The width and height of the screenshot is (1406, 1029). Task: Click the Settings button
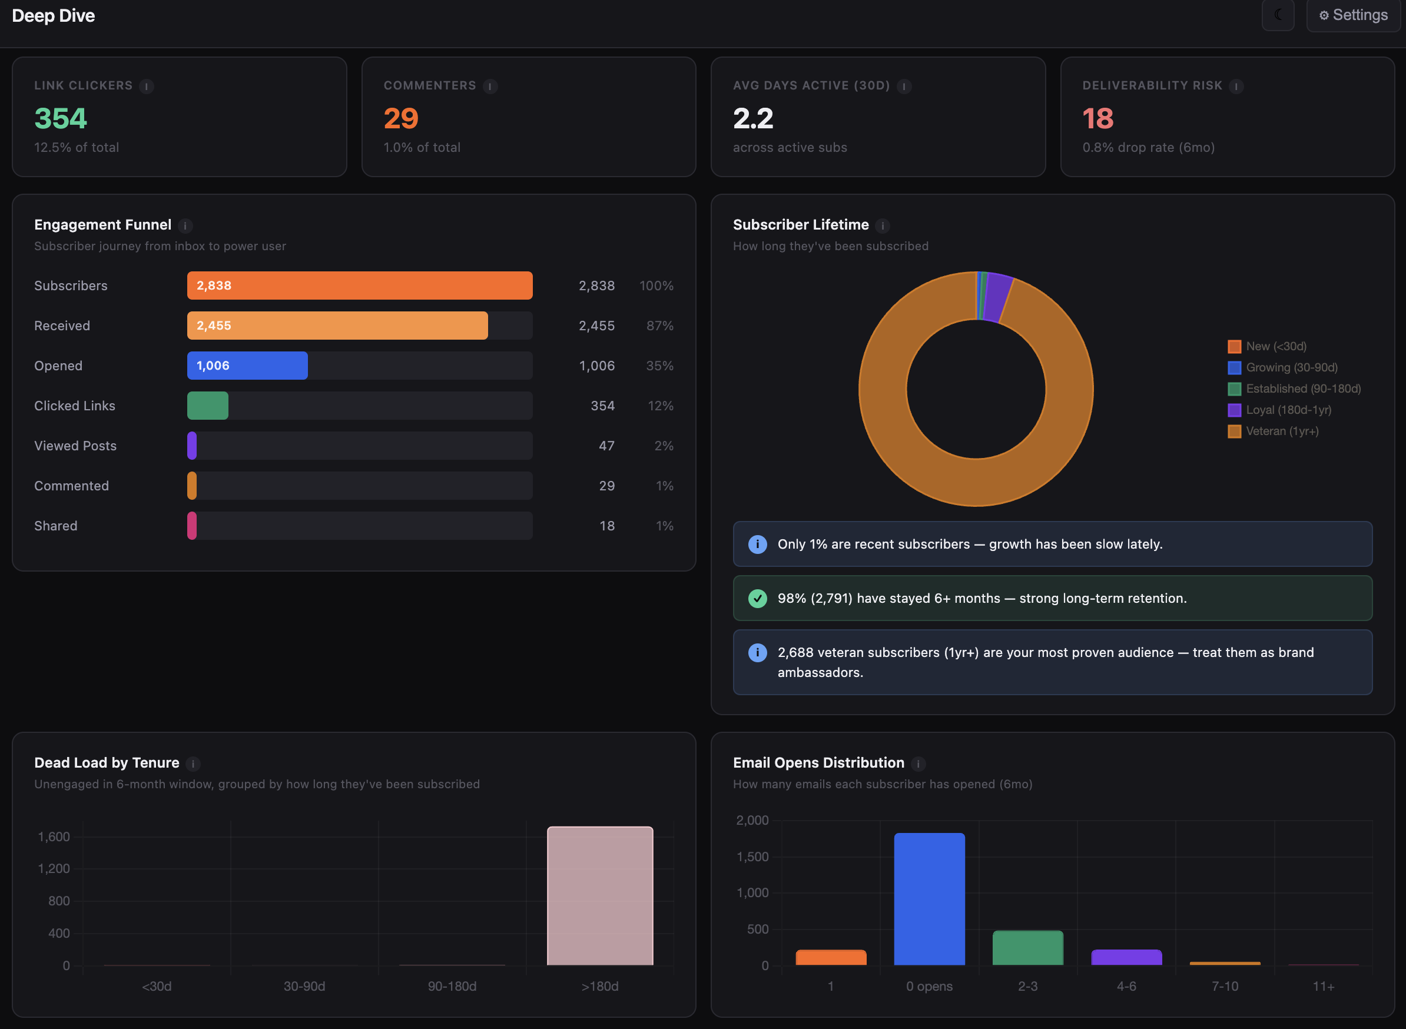(1352, 15)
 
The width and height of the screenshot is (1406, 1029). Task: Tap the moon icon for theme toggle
(1277, 15)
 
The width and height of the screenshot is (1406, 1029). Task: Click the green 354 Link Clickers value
(61, 118)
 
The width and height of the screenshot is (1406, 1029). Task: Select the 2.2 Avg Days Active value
(752, 118)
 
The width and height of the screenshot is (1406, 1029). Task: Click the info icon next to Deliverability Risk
(1236, 87)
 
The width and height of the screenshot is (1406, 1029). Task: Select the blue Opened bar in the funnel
(247, 366)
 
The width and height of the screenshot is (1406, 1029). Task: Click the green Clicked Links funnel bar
(207, 406)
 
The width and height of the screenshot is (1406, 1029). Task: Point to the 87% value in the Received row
(659, 326)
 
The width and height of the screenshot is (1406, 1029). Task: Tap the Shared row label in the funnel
(56, 526)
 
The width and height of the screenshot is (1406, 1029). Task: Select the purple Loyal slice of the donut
(998, 296)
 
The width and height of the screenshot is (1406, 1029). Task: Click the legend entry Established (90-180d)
(1302, 389)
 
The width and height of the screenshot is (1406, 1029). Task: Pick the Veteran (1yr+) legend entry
(1281, 431)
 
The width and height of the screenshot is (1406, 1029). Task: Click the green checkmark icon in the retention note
(757, 598)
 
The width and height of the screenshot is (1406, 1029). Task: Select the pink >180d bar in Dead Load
(599, 896)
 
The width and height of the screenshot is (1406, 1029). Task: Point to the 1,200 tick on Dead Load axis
(54, 868)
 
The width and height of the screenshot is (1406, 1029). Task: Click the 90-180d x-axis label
(452, 986)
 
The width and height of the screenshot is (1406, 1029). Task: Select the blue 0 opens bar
(929, 899)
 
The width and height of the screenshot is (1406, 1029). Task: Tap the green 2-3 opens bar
(1027, 947)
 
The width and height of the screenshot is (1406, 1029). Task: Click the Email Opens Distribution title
(818, 762)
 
